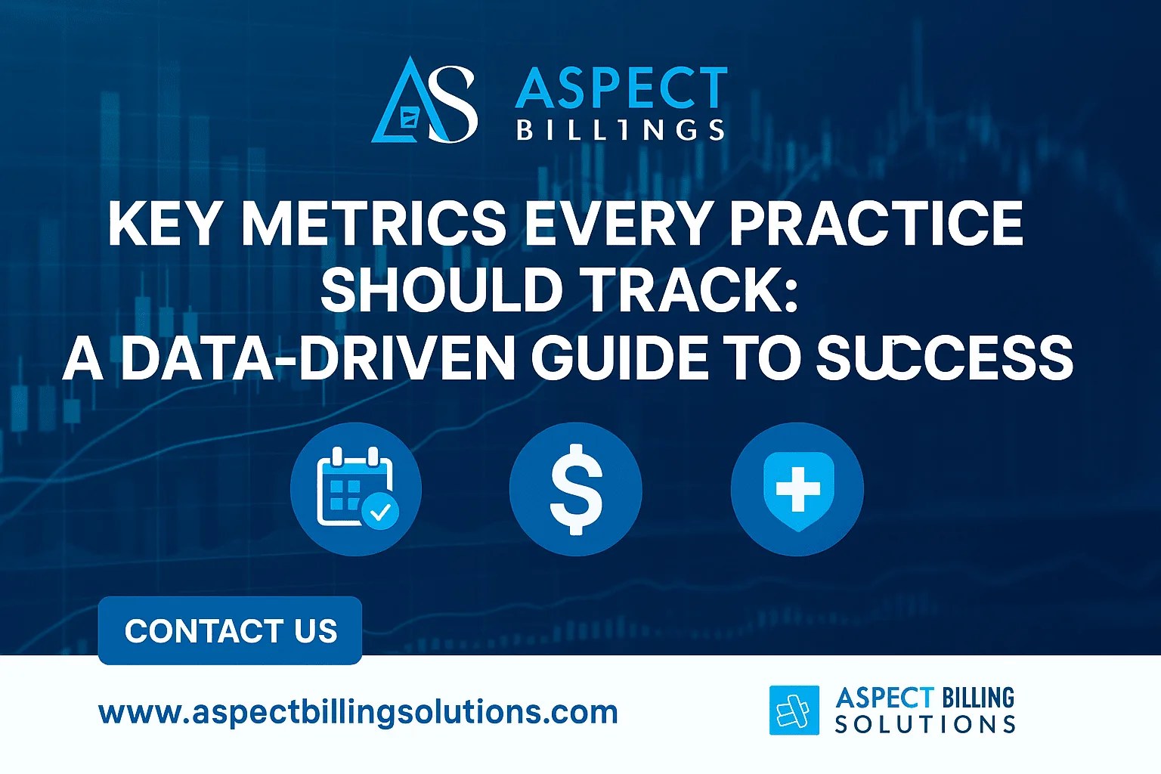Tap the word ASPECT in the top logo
pos(621,87)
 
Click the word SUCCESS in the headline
pos(945,358)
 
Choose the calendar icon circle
pos(355,488)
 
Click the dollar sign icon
pos(576,488)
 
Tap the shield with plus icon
pos(797,488)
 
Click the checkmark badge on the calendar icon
pos(380,512)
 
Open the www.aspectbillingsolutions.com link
pos(358,712)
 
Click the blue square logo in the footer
pos(794,710)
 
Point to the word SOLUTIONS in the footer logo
pos(925,725)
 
